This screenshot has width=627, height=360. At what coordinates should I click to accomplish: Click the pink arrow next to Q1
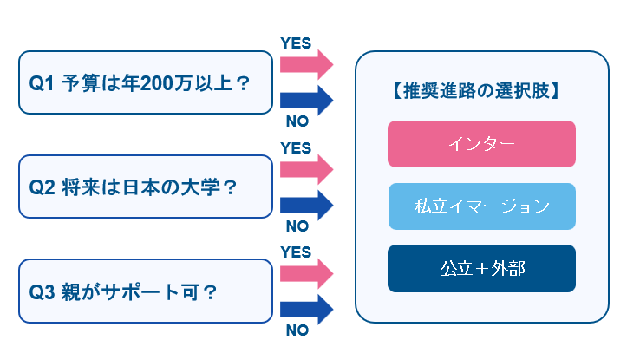[x=306, y=64]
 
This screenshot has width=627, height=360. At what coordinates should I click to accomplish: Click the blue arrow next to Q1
[x=306, y=101]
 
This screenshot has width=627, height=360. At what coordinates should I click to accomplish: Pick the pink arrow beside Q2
[x=306, y=167]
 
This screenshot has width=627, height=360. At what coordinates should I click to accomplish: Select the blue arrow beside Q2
[x=306, y=205]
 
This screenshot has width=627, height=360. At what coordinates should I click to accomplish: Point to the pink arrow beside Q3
[x=306, y=271]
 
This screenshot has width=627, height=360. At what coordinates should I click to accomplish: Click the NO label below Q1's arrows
[x=297, y=122]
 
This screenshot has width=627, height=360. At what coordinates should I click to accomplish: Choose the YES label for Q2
[x=296, y=147]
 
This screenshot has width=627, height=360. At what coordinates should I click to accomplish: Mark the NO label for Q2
[x=297, y=226]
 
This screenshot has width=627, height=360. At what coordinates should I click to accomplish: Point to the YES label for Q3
[x=296, y=252]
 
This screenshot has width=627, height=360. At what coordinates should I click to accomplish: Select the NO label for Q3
[x=297, y=330]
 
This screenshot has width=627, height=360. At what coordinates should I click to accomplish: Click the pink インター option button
[x=481, y=144]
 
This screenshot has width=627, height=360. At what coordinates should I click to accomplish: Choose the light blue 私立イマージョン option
[x=481, y=206]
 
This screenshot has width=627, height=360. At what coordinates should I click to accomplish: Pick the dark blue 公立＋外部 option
[x=481, y=268]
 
